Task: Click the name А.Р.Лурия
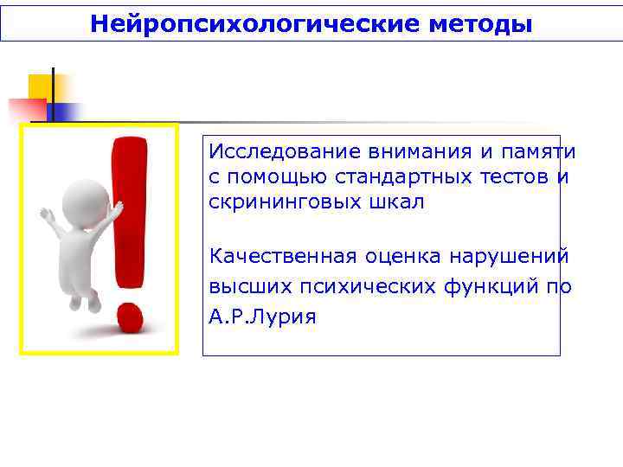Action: coord(262,317)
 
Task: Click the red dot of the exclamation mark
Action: coord(129,317)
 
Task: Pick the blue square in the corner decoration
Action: coord(66,112)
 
